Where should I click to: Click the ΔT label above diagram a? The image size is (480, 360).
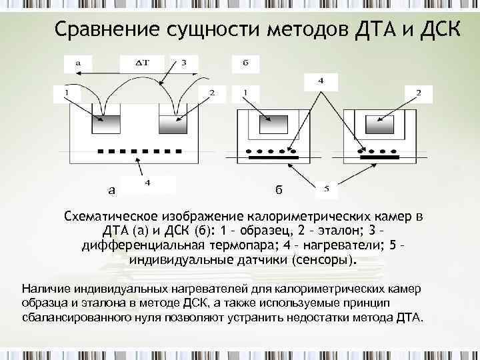click(x=141, y=63)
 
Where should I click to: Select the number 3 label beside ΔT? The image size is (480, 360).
click(x=185, y=63)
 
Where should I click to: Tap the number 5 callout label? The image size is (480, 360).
click(x=326, y=189)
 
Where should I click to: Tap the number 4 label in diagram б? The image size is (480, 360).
click(x=321, y=81)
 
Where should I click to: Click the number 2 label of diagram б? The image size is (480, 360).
click(x=419, y=92)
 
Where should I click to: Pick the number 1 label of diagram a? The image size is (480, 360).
click(x=66, y=92)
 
